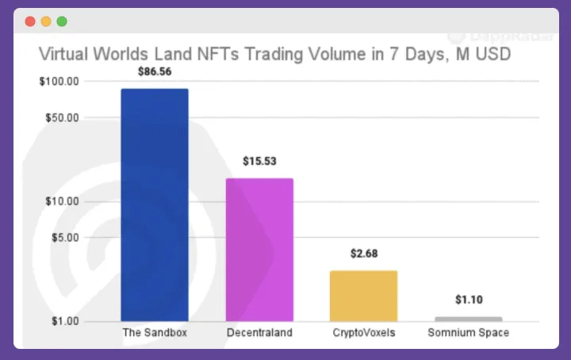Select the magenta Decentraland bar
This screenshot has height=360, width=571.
[x=259, y=249]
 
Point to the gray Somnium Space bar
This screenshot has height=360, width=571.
[x=468, y=319]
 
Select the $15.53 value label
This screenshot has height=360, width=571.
[x=259, y=161]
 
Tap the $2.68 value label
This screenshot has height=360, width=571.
[x=363, y=254]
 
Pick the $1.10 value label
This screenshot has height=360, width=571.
[x=469, y=300]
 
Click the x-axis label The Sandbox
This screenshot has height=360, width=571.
[x=155, y=333]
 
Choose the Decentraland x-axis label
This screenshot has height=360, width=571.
[x=259, y=333]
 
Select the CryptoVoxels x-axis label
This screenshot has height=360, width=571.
[x=363, y=333]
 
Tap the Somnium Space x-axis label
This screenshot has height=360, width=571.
[x=468, y=333]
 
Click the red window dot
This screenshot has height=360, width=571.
[x=30, y=21]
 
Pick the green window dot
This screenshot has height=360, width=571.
[x=62, y=21]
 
